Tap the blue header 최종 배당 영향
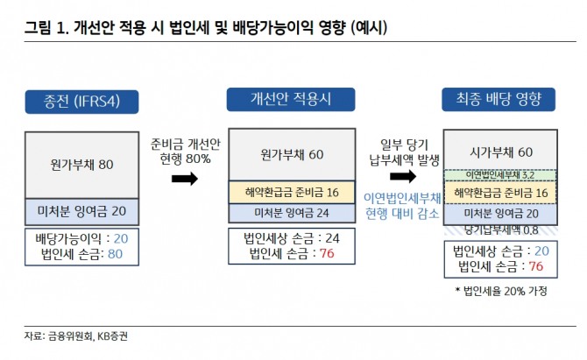tap(499, 100)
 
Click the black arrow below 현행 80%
tap(184, 179)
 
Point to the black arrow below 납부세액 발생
tap(398, 178)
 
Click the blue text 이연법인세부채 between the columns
tap(398, 198)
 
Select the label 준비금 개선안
tap(185, 145)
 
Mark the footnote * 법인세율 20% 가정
tap(500, 291)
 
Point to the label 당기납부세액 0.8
tap(500, 229)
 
